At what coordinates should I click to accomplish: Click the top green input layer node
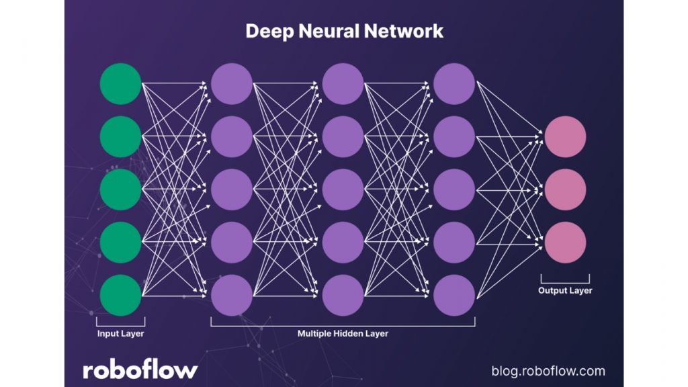(x=120, y=84)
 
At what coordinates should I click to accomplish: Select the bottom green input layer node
(x=120, y=295)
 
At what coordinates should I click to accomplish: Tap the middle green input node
(x=120, y=189)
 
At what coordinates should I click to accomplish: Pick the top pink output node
(x=565, y=137)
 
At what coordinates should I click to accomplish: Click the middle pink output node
(x=565, y=189)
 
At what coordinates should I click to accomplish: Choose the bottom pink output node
(x=565, y=242)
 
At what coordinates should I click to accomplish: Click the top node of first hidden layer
(x=232, y=84)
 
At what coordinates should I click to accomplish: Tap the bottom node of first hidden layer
(x=232, y=295)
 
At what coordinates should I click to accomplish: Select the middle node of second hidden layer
(x=343, y=189)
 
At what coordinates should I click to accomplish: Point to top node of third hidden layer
(x=454, y=84)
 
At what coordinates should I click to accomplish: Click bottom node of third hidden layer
(x=454, y=295)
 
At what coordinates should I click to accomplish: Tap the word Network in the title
(x=410, y=31)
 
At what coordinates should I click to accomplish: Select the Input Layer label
(x=120, y=333)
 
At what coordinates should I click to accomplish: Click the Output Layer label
(x=565, y=291)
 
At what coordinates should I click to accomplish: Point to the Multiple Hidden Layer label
(x=343, y=333)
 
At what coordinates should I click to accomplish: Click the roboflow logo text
(x=140, y=370)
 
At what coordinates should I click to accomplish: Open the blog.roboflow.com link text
(x=548, y=371)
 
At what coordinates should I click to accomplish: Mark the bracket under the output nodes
(x=565, y=279)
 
